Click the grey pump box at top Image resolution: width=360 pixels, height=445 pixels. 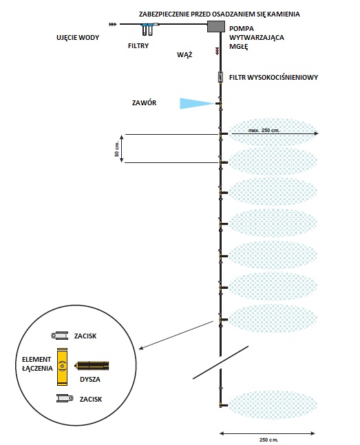click(x=216, y=26)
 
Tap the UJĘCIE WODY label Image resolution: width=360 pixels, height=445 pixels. click(x=78, y=37)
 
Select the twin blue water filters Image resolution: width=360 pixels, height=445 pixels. click(x=147, y=29)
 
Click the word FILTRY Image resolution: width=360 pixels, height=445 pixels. click(x=138, y=45)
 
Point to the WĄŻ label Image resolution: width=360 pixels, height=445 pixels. click(x=184, y=54)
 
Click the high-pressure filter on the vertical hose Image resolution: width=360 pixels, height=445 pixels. click(x=220, y=77)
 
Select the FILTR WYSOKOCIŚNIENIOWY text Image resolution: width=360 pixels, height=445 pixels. click(x=273, y=77)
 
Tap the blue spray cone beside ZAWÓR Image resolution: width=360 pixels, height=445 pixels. click(x=197, y=104)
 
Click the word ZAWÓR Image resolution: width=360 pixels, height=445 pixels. click(x=144, y=102)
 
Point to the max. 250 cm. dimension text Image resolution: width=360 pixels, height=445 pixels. click(x=264, y=130)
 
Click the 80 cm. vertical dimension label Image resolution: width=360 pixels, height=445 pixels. click(x=117, y=149)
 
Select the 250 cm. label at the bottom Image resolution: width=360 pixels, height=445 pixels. click(x=268, y=439)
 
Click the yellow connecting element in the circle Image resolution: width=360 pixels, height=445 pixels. click(x=62, y=367)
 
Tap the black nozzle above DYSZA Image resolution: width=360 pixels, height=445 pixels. click(x=92, y=366)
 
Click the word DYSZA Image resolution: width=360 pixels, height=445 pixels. click(x=90, y=380)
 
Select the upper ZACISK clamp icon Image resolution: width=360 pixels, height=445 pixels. click(x=60, y=336)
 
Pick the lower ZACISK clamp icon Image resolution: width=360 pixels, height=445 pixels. click(x=65, y=398)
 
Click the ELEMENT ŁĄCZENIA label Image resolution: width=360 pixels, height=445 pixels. click(x=37, y=364)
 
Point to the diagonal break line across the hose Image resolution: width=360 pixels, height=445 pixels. click(x=220, y=362)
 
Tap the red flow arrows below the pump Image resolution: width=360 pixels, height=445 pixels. click(x=217, y=51)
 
